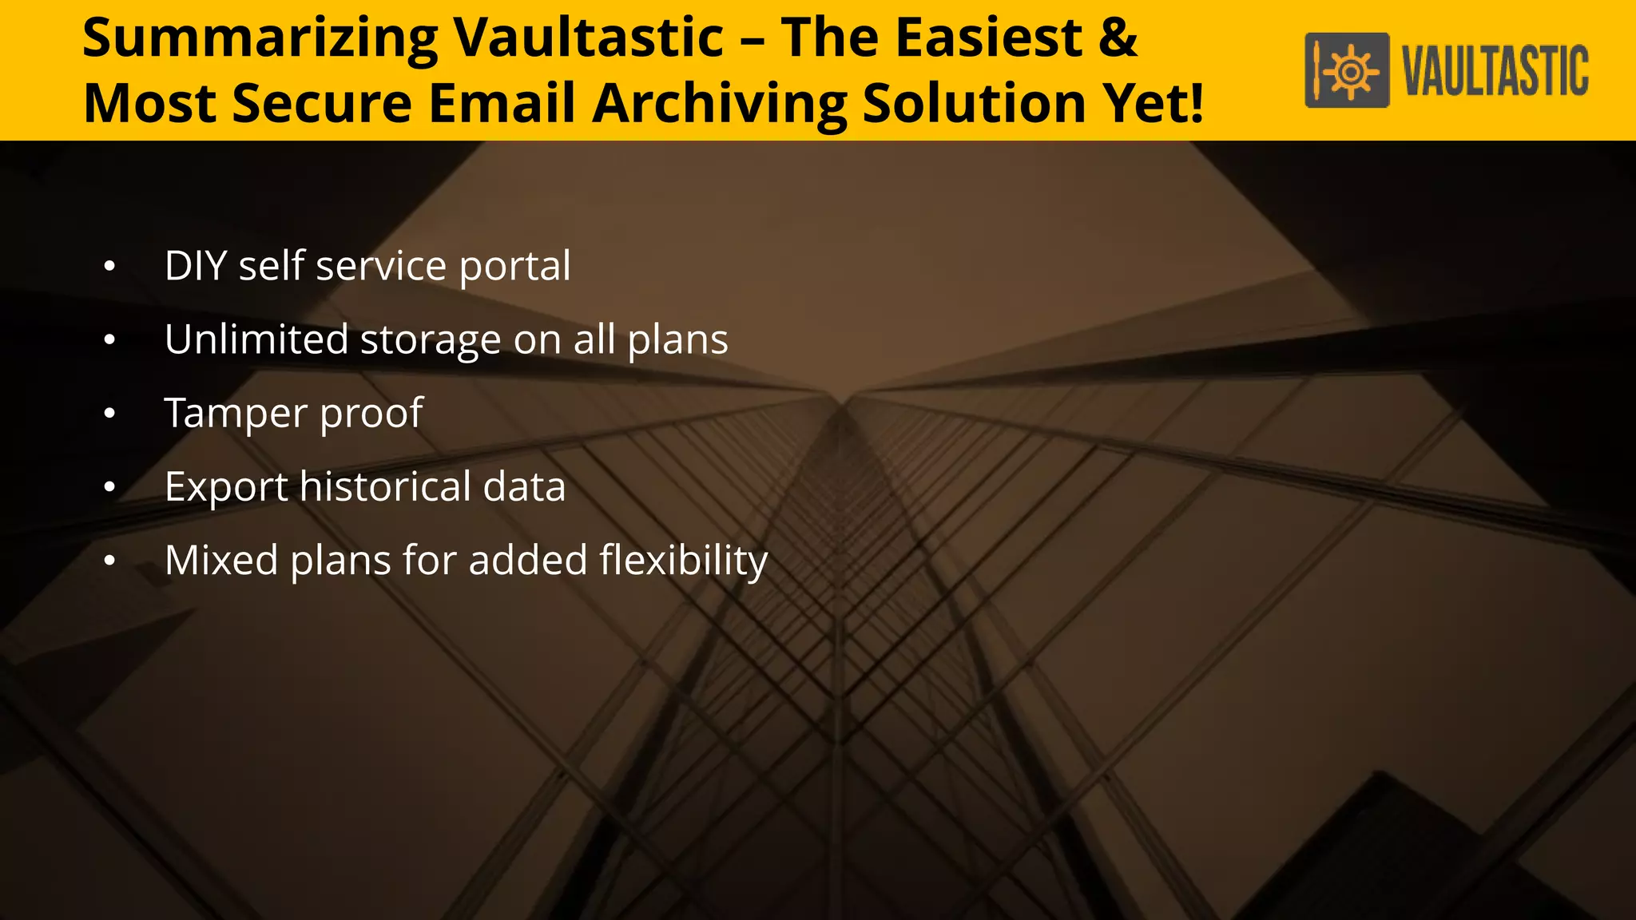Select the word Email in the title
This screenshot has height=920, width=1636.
502,104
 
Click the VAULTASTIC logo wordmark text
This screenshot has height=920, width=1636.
1496,72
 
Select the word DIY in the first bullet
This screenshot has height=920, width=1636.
196,266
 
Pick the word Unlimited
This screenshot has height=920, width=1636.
256,339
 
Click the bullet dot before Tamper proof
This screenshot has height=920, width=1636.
109,414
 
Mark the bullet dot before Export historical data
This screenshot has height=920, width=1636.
109,487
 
